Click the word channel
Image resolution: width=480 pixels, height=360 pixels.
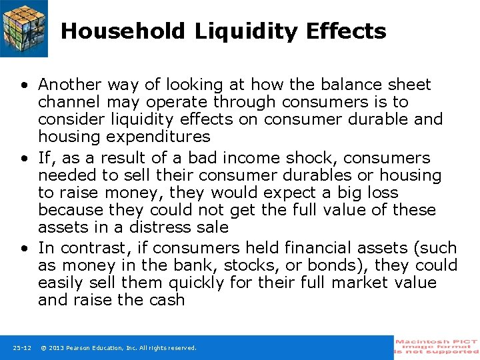66,102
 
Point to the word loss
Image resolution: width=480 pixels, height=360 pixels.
382,193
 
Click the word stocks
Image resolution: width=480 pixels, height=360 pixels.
239,265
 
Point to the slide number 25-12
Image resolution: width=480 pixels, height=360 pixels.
22,348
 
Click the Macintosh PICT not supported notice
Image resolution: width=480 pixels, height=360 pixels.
437,347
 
